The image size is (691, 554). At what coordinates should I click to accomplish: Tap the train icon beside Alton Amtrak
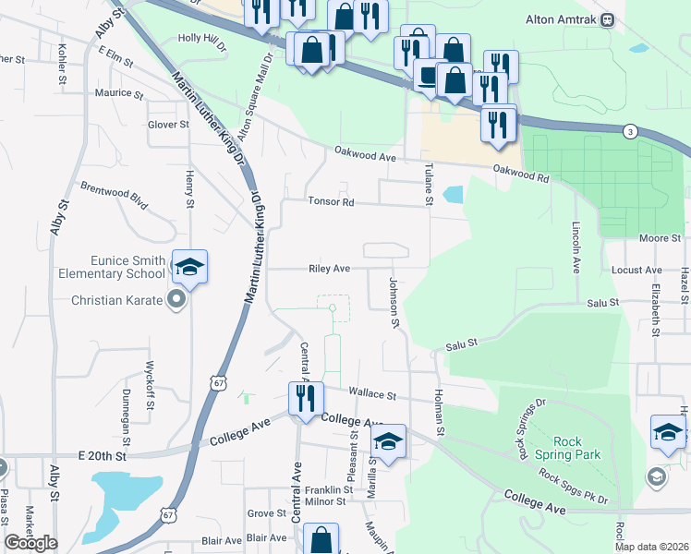click(608, 19)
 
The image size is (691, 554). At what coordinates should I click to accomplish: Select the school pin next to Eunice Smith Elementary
click(189, 267)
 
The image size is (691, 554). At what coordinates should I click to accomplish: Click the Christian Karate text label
click(118, 300)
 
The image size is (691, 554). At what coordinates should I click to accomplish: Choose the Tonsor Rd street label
click(331, 201)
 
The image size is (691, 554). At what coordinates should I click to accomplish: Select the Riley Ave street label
click(329, 269)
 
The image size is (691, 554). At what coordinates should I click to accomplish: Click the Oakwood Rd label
click(521, 170)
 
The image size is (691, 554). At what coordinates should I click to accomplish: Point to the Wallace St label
click(372, 394)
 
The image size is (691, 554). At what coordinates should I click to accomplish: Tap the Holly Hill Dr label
click(201, 40)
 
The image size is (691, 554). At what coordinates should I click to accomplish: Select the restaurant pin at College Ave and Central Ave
click(305, 399)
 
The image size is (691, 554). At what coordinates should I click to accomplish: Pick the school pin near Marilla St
click(389, 444)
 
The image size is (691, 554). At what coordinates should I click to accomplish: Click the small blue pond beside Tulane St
click(453, 195)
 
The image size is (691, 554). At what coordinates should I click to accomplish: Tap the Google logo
click(30, 543)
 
